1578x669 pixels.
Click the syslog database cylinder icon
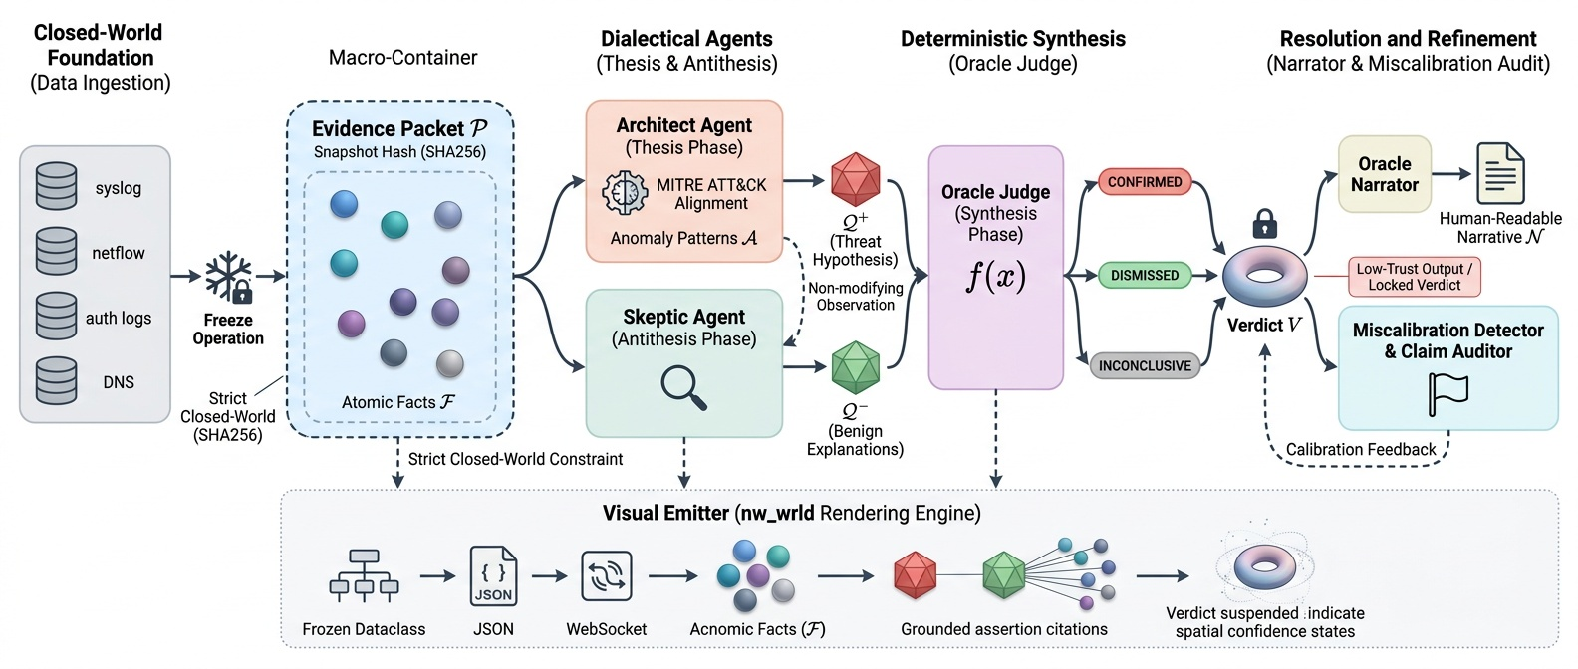pyautogui.click(x=56, y=186)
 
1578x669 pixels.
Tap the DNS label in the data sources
pyautogui.click(x=119, y=382)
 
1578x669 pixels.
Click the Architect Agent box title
pyautogui.click(x=683, y=125)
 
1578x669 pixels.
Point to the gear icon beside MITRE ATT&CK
pyautogui.click(x=625, y=193)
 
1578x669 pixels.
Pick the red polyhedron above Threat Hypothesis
pyautogui.click(x=855, y=180)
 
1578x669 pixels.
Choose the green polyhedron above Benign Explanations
pyautogui.click(x=855, y=367)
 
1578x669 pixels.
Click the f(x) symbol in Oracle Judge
pyautogui.click(x=995, y=276)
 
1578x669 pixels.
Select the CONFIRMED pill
pyautogui.click(x=1145, y=182)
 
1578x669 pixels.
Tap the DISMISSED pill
pyautogui.click(x=1145, y=275)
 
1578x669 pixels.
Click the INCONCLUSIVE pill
pyautogui.click(x=1145, y=365)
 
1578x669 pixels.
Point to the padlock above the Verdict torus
pyautogui.click(x=1264, y=223)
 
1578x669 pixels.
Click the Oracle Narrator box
pyautogui.click(x=1384, y=174)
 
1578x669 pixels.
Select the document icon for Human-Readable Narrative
pyautogui.click(x=1500, y=174)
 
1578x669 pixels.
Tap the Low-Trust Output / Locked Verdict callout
pyautogui.click(x=1414, y=277)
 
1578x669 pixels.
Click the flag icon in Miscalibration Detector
pyautogui.click(x=1447, y=393)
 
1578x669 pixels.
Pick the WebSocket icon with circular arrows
pyautogui.click(x=606, y=576)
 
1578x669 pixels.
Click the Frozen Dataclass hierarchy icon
pyautogui.click(x=364, y=576)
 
